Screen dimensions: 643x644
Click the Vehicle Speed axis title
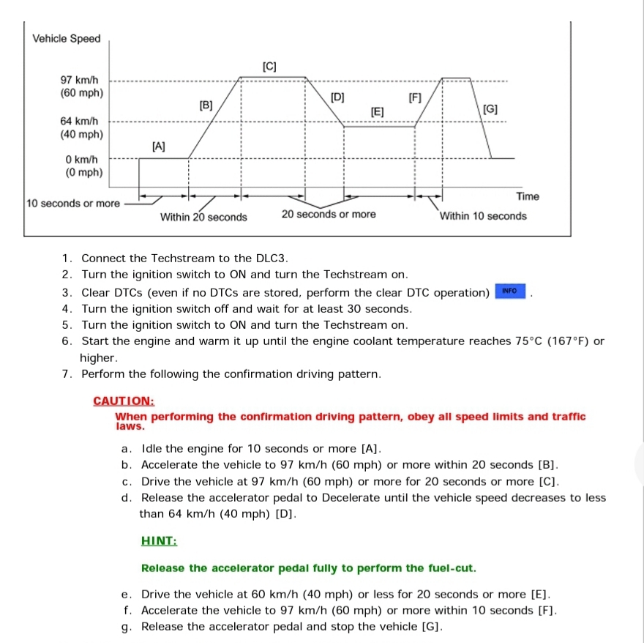67,39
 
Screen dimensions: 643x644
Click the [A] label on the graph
158,146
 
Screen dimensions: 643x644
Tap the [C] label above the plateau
269,67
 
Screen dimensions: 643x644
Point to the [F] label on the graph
415,97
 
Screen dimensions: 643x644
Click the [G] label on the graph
490,109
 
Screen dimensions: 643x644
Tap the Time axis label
527,196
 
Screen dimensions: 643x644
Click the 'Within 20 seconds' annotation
203,217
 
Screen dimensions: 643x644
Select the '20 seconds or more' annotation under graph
329,215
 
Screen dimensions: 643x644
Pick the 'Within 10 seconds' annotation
483,216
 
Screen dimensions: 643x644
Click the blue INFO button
510,291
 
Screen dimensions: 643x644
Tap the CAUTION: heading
124,401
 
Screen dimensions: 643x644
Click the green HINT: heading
159,541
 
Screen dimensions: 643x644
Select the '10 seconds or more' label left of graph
72,203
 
